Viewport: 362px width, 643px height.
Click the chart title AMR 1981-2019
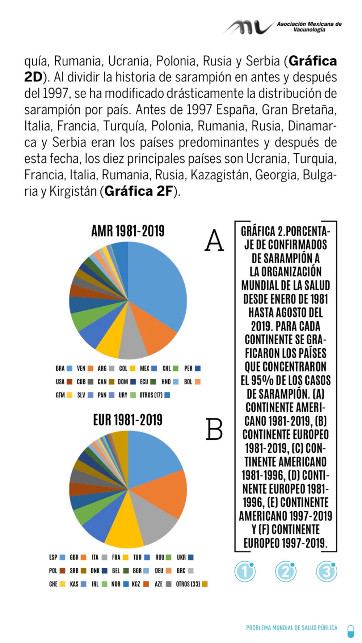tap(128, 231)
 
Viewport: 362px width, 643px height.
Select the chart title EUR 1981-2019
tap(128, 420)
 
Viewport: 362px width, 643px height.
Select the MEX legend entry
tap(148, 369)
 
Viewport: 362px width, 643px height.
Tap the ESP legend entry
tap(57, 557)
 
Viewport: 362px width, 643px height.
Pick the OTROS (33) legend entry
tap(191, 584)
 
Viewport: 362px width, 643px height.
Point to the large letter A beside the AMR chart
tap(214, 240)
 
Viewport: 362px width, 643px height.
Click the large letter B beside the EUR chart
tap(214, 429)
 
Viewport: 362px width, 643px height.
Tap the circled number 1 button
tap(245, 572)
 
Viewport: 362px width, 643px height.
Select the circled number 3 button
tap(327, 572)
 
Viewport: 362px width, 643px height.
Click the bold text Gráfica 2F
tap(139, 191)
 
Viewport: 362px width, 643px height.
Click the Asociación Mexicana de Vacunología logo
tap(282, 27)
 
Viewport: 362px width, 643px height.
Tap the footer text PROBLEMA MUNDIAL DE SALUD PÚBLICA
tap(291, 628)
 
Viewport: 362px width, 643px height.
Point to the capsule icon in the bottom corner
tap(350, 631)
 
